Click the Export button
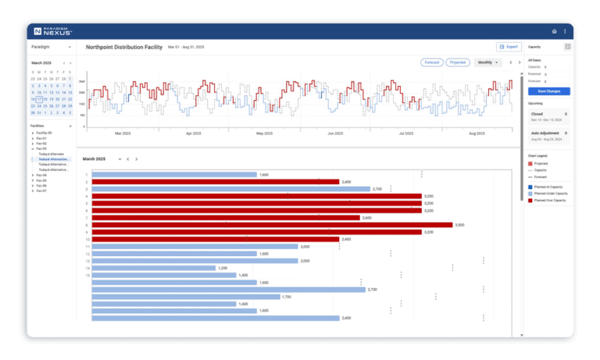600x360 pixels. [x=508, y=47]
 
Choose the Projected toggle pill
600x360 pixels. [x=457, y=62]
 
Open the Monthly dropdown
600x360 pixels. [x=487, y=62]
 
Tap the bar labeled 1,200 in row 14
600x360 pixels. [x=154, y=268]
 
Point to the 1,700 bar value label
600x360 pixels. [x=286, y=297]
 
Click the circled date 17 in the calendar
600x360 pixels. [x=39, y=100]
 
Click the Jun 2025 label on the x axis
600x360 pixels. [x=334, y=134]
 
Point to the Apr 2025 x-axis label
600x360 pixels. [x=194, y=134]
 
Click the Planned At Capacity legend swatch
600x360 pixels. [x=530, y=187]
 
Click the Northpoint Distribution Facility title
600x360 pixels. [x=124, y=48]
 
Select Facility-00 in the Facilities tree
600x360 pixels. [x=45, y=134]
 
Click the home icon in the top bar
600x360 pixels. [x=555, y=31]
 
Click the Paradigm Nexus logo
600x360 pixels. [x=53, y=31]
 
